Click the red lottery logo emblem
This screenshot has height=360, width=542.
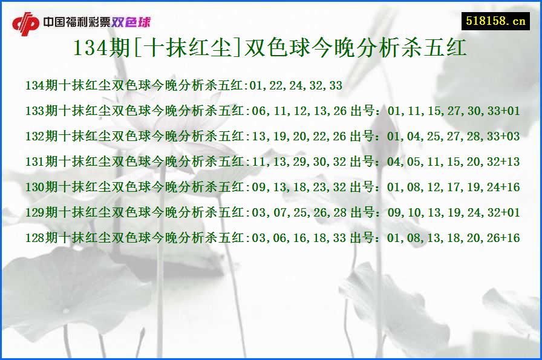click(25, 24)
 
